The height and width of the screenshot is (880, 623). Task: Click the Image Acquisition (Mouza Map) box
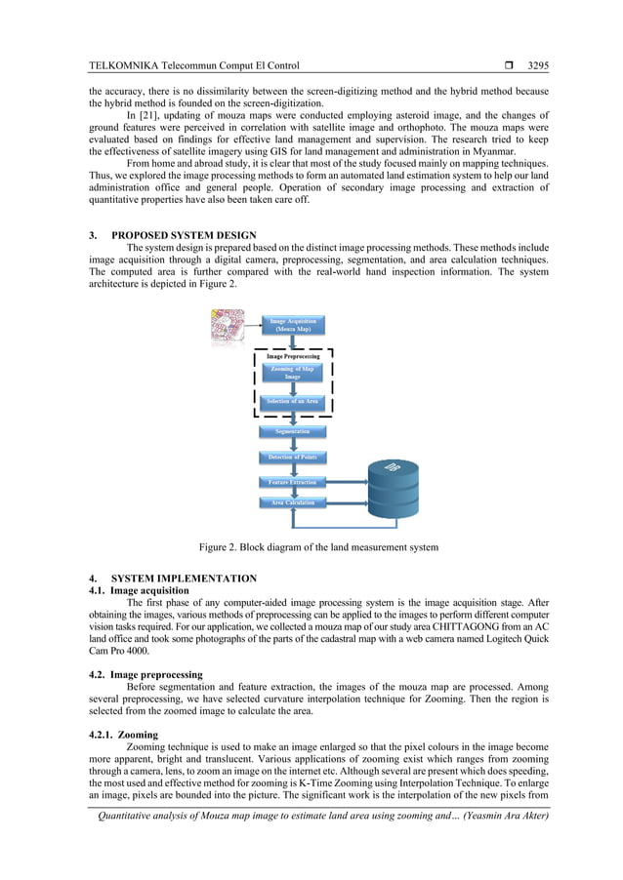pos(293,325)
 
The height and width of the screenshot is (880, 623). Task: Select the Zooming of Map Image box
pos(293,374)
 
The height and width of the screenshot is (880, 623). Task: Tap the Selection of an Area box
pos(293,402)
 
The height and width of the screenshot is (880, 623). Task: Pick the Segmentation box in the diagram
pos(293,431)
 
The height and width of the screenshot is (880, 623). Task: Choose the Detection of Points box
pos(293,457)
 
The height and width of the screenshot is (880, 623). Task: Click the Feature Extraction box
pos(293,482)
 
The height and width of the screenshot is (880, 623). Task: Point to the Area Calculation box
pos(293,503)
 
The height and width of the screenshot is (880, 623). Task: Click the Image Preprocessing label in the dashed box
pos(293,357)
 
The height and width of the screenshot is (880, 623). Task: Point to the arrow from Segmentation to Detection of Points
pos(293,444)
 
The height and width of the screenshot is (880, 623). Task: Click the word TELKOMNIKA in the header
pos(121,66)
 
